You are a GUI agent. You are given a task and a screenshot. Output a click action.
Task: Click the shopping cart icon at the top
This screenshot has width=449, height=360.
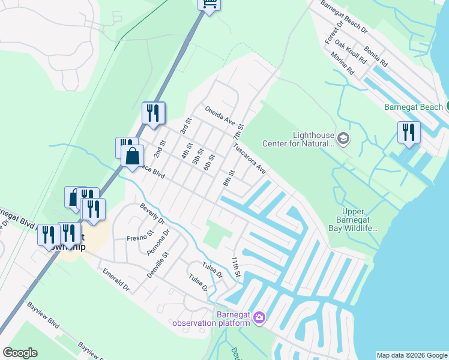click(209, 5)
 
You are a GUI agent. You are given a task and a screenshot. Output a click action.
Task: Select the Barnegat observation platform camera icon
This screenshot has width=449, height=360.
click(259, 317)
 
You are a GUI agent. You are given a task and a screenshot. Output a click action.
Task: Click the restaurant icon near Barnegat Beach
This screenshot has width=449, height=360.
click(409, 132)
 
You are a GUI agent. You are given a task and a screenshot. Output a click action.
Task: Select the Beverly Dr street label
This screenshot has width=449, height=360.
click(152, 214)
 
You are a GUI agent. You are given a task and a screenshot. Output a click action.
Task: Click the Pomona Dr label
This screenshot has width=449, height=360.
click(158, 241)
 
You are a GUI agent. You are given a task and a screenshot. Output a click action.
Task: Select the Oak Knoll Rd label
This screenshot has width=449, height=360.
click(351, 52)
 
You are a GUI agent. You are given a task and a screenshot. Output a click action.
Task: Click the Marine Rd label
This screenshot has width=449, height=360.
click(342, 64)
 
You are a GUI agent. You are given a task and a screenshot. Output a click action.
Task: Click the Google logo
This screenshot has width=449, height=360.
click(20, 353)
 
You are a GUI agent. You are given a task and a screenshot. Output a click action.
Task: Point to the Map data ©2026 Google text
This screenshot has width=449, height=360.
click(412, 355)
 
